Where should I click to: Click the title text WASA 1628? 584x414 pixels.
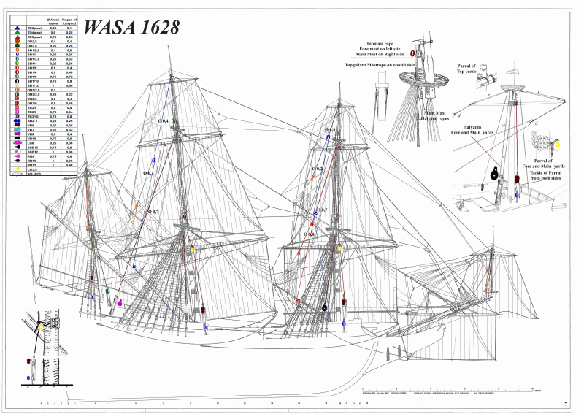pos(131,27)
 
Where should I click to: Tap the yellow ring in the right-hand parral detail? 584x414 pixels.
pos(558,145)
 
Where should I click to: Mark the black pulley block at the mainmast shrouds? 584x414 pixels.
pos(323,308)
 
